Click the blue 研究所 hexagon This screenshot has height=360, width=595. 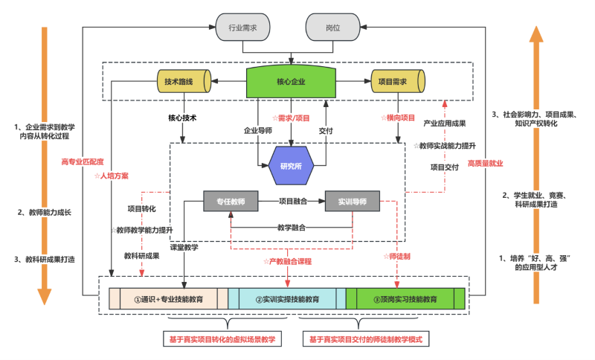pyautogui.click(x=291, y=164)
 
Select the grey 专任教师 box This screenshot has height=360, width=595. pyautogui.click(x=230, y=201)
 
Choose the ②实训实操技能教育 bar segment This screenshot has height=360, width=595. pyautogui.click(x=287, y=299)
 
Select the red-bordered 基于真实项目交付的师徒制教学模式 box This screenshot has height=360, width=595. pyautogui.click(x=368, y=339)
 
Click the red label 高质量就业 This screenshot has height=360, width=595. pyautogui.click(x=484, y=163)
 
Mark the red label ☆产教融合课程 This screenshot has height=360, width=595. pyautogui.click(x=287, y=261)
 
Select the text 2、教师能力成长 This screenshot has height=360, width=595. pyautogui.click(x=44, y=213)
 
